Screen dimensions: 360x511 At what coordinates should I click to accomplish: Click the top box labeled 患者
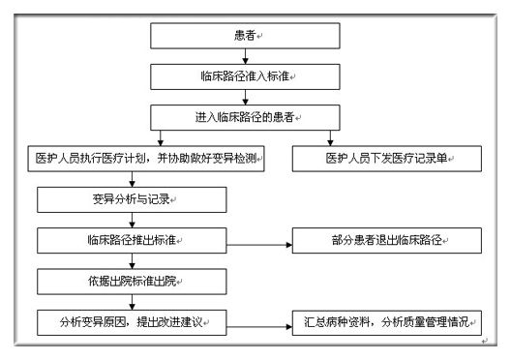(x=246, y=35)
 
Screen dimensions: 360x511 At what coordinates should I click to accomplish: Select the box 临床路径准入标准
(x=246, y=75)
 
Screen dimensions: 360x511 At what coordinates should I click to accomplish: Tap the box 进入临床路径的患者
(x=246, y=116)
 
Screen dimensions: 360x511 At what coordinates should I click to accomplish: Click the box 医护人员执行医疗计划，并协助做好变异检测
(x=145, y=158)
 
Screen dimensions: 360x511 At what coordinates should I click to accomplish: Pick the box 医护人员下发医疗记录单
(x=387, y=158)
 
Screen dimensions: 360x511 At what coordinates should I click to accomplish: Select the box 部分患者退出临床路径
(x=387, y=239)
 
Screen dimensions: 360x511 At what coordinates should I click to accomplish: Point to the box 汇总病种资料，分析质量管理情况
(x=387, y=320)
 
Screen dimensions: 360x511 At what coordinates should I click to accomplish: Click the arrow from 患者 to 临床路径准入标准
(x=246, y=55)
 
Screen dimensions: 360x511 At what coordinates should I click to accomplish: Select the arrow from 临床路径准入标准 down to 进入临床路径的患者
(x=246, y=96)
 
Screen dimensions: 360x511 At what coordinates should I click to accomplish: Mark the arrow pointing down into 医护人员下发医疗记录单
(x=332, y=136)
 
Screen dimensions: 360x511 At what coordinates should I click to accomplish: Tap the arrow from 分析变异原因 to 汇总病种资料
(x=258, y=321)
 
